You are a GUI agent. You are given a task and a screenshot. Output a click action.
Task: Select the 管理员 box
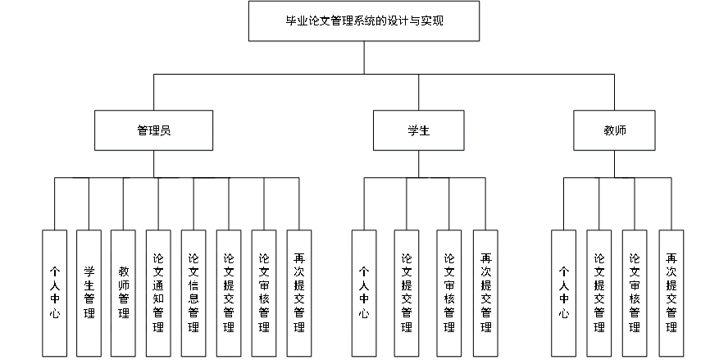(x=153, y=131)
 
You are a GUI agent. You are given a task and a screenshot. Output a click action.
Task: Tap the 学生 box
(x=418, y=131)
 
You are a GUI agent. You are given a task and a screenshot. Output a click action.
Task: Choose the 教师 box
(x=615, y=131)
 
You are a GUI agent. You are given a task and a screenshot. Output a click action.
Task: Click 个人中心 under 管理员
(x=55, y=294)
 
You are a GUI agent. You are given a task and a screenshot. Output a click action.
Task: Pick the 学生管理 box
(x=89, y=294)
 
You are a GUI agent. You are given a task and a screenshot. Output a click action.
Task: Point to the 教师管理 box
(x=124, y=294)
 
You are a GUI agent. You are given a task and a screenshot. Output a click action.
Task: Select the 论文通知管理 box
(x=159, y=294)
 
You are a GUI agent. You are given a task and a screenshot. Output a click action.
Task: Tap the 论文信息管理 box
(x=193, y=294)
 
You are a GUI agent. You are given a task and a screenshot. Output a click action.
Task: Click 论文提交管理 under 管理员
(x=229, y=294)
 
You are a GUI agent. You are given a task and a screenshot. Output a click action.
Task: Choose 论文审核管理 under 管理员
(x=264, y=294)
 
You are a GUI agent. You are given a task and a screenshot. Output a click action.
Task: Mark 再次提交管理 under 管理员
(x=299, y=294)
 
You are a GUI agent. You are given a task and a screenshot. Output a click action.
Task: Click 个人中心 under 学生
(x=364, y=294)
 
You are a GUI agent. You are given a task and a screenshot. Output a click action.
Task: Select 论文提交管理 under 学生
(x=407, y=294)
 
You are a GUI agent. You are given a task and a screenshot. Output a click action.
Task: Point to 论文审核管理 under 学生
(x=449, y=294)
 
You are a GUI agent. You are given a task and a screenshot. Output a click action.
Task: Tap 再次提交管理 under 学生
(x=485, y=294)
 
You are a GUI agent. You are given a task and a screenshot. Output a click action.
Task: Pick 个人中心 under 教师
(x=564, y=294)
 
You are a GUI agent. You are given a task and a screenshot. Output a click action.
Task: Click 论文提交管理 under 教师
(x=599, y=294)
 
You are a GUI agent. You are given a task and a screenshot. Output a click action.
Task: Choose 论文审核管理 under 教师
(x=635, y=294)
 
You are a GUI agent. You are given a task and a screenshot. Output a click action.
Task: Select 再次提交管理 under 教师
(x=671, y=294)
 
